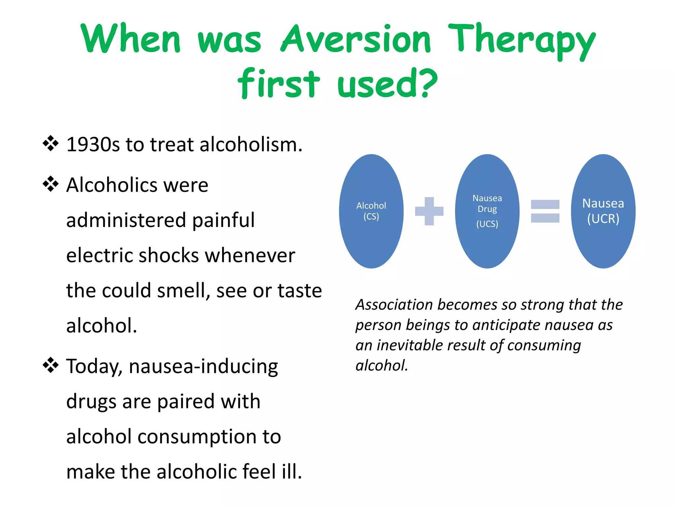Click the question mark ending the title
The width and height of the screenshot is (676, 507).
tap(427, 83)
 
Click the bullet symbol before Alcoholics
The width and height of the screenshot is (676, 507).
tap(51, 184)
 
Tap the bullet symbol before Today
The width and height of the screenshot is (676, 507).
tap(51, 365)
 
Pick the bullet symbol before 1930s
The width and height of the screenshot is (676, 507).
tap(51, 144)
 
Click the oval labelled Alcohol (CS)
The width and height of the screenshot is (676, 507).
tap(371, 211)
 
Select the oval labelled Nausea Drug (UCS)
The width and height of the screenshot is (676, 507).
tap(487, 211)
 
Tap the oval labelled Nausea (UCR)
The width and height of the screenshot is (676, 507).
tap(603, 211)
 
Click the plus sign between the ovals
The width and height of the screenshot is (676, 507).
tap(429, 211)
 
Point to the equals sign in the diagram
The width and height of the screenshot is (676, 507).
tap(545, 211)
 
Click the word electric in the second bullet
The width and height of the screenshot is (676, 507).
tap(99, 255)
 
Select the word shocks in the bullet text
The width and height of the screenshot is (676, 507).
tap(169, 255)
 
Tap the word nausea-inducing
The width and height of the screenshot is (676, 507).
tap(203, 367)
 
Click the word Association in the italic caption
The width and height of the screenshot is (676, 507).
tap(394, 305)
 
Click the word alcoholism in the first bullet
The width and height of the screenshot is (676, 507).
tap(251, 145)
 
